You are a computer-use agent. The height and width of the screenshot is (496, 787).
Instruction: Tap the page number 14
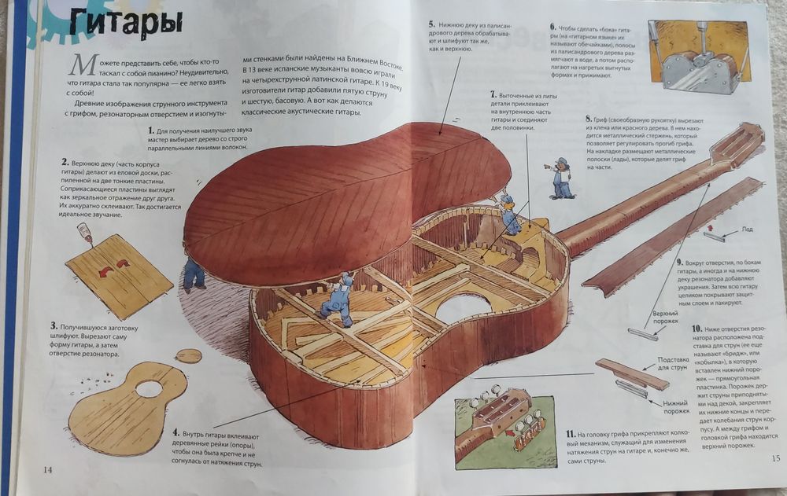click(47, 469)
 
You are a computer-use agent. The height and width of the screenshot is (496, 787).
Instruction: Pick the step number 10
click(696, 328)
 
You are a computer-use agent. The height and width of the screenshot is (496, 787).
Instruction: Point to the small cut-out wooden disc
click(188, 355)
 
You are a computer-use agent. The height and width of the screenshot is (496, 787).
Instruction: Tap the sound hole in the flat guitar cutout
click(149, 388)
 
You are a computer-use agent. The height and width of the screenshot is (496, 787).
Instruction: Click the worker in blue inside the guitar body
click(339, 298)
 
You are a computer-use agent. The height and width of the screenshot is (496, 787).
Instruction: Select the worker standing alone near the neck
click(560, 178)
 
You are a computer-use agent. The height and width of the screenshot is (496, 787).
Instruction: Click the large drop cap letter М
click(79, 66)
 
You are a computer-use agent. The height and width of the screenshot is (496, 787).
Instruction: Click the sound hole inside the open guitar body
click(464, 307)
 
